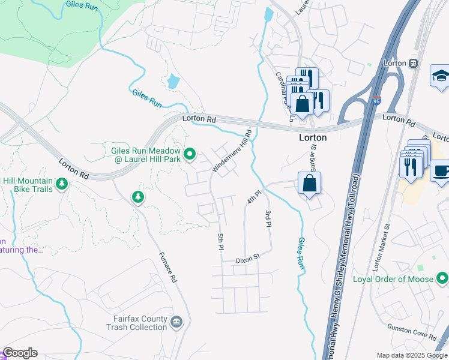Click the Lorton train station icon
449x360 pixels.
pos(413,63)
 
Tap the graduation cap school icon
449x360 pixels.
pos(441,76)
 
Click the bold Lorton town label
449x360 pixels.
pos(313,137)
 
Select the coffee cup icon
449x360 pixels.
pos(441,170)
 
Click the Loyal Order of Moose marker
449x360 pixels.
pos(442,278)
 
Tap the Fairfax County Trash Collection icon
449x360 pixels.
pos(176,322)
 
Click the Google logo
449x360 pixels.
pos(19,353)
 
